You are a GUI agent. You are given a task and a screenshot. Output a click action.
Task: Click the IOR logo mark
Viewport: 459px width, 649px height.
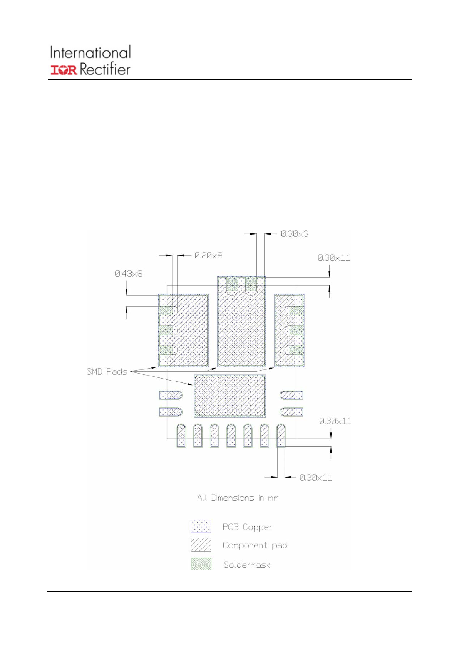click(x=64, y=70)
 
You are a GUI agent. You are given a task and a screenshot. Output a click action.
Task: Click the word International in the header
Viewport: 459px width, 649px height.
click(x=90, y=53)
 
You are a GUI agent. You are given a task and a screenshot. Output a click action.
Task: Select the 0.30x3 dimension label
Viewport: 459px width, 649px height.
click(x=295, y=234)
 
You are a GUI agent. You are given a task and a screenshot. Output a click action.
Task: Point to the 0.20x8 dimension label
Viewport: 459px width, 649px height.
click(x=208, y=255)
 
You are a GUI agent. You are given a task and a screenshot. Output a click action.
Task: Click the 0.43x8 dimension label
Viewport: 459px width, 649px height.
click(x=129, y=273)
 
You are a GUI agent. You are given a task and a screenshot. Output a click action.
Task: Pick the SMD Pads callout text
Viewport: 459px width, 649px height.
click(x=107, y=372)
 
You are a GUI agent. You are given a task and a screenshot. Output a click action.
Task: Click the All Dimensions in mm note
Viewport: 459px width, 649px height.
click(x=238, y=498)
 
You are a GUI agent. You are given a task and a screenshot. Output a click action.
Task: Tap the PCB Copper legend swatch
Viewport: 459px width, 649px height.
click(x=201, y=527)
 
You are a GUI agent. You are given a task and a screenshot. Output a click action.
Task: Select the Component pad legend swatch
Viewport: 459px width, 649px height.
click(x=201, y=545)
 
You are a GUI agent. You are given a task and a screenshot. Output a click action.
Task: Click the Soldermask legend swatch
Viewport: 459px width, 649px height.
click(x=201, y=564)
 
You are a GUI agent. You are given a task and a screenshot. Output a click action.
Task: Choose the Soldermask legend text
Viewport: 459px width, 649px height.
click(x=247, y=565)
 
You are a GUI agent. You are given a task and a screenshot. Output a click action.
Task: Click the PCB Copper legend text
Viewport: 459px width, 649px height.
click(x=247, y=527)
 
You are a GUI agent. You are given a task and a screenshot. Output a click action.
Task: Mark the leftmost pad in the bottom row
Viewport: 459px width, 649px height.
click(x=181, y=435)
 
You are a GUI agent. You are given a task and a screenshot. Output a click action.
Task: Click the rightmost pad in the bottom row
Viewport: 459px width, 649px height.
click(x=281, y=435)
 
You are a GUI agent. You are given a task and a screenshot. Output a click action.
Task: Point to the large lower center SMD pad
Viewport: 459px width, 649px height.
click(x=230, y=396)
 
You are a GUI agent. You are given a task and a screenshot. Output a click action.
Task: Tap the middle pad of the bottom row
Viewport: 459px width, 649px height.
click(x=231, y=435)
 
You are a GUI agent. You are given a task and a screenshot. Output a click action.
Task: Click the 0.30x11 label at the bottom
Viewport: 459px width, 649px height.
click(x=316, y=478)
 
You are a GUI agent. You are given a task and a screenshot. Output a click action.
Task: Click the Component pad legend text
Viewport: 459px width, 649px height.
click(x=255, y=545)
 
